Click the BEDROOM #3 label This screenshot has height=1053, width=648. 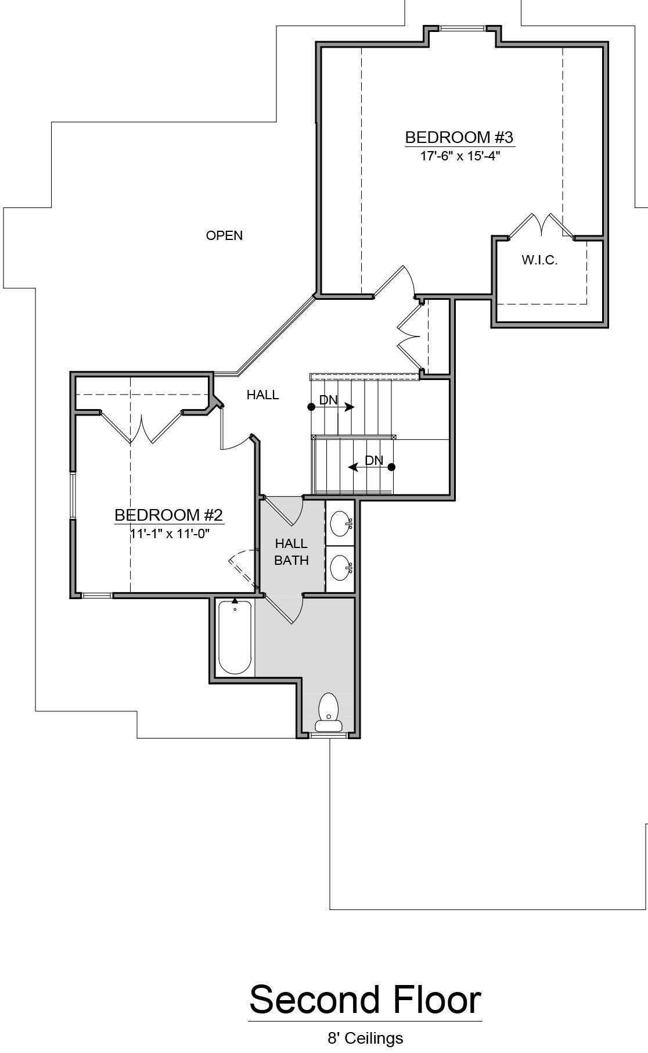point(459,138)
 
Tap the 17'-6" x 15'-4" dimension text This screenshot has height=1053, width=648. point(460,156)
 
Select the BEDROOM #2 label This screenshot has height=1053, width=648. point(168,515)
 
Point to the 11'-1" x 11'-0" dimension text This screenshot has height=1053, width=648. point(169,533)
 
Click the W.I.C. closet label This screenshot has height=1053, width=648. point(539,260)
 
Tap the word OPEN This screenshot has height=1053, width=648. point(224,235)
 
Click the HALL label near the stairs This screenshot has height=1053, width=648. point(262,395)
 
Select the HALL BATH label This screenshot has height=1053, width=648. point(291,552)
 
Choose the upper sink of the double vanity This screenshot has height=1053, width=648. point(341,524)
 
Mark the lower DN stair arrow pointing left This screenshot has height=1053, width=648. point(372,467)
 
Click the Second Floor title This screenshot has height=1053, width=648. point(365,1000)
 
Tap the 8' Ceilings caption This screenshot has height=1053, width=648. point(365,1037)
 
